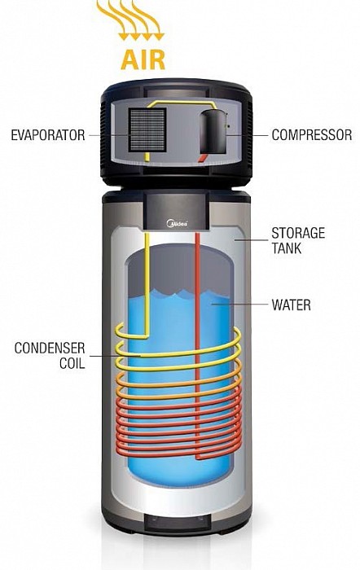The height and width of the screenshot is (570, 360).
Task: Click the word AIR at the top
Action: (x=143, y=59)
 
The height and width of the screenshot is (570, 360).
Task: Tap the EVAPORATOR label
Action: (x=47, y=135)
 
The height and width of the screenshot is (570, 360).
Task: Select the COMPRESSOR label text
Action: (x=312, y=135)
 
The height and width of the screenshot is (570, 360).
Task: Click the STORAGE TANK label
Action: (x=298, y=241)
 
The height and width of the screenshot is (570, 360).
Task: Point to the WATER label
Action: (x=292, y=305)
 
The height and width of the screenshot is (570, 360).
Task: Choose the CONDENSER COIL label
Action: (x=50, y=355)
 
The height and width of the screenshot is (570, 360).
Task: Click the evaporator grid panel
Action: (x=147, y=130)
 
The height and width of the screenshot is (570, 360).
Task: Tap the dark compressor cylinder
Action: (x=214, y=131)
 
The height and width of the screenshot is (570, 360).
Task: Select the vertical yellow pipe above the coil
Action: (x=147, y=284)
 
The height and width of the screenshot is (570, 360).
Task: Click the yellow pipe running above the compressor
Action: (x=182, y=103)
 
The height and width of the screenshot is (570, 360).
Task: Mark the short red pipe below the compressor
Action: (x=203, y=158)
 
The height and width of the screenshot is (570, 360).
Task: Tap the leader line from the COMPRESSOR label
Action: (x=248, y=135)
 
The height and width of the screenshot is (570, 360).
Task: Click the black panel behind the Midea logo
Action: (x=177, y=211)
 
